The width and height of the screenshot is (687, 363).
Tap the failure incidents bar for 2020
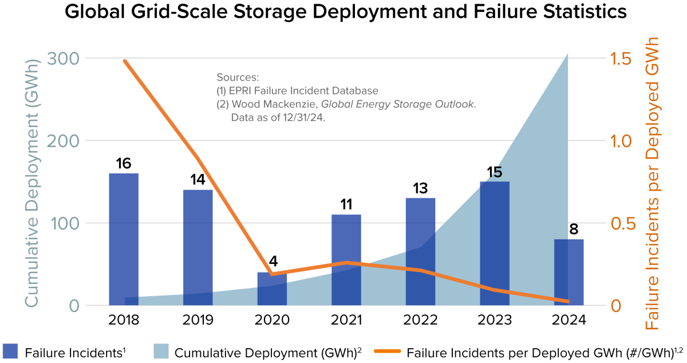[x=272, y=289]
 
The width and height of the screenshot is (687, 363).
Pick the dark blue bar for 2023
[x=495, y=243]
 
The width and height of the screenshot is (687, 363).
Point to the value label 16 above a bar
[x=124, y=164]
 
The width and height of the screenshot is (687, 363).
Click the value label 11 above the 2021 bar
[x=346, y=205]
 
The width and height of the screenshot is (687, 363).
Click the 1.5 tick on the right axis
[x=622, y=58]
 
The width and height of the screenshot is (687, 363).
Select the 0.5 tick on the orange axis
[x=622, y=223]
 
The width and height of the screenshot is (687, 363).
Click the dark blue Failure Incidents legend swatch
[x=11, y=352]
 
